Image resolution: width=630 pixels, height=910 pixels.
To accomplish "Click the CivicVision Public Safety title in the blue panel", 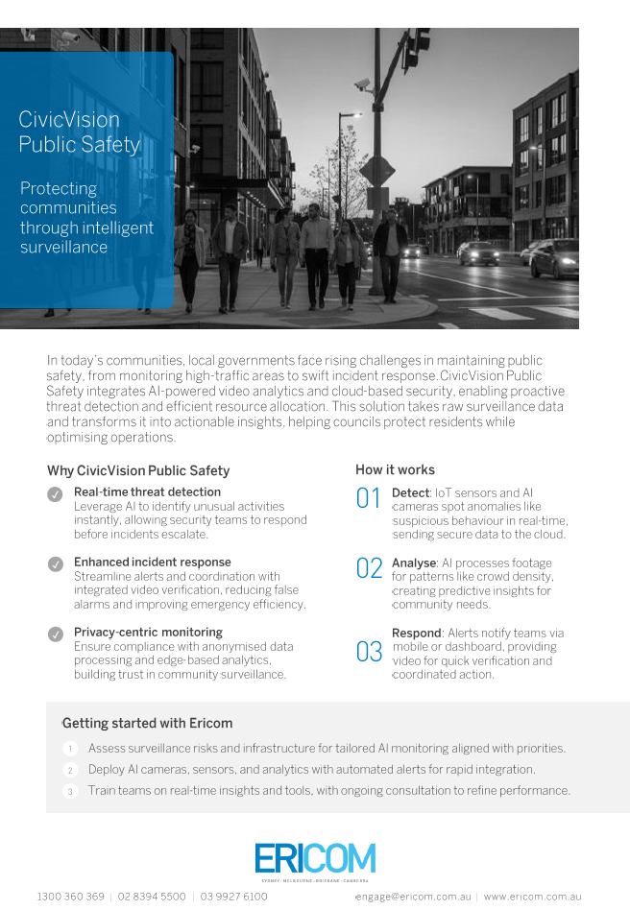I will tap(79, 132).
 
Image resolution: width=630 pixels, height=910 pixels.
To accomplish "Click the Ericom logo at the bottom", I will tap(315, 859).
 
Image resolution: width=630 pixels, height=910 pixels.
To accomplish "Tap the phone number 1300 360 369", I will tap(71, 897).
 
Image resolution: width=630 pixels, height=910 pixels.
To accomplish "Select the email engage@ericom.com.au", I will tap(414, 897).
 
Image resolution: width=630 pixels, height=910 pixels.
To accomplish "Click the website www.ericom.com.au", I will tap(532, 897).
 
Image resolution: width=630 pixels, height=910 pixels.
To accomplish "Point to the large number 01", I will tap(369, 498).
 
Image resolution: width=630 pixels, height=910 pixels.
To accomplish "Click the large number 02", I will tap(369, 568).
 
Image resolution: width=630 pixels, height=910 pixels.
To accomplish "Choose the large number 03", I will tap(369, 653).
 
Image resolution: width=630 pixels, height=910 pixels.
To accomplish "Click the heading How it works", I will tap(395, 469).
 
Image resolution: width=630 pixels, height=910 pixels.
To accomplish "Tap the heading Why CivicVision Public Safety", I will tap(138, 470).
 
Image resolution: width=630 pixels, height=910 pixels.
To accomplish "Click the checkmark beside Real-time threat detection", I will tap(56, 493).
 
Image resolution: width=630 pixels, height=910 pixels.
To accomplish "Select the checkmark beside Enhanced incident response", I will tap(56, 563).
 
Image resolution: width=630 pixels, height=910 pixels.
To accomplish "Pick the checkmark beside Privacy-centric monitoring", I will tap(56, 634).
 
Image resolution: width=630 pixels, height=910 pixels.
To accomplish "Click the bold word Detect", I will tap(410, 492).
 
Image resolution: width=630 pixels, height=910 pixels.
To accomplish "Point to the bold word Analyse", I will tap(414, 563).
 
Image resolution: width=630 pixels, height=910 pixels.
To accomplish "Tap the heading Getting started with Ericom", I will tap(147, 723).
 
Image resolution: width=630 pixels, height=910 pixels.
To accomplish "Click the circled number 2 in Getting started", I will tap(70, 770).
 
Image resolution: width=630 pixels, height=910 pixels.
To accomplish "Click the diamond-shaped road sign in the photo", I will tap(377, 171).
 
